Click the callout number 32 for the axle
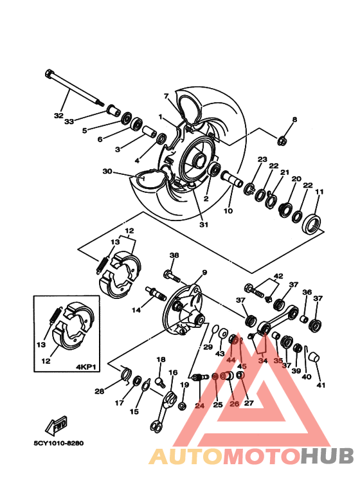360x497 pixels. (x=59, y=116)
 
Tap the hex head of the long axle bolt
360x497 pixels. (x=49, y=73)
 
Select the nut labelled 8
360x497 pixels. (x=282, y=140)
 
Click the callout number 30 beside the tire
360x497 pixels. (x=107, y=171)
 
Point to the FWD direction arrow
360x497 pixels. (x=57, y=426)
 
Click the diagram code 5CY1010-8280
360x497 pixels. (x=59, y=443)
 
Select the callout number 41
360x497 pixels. (x=321, y=385)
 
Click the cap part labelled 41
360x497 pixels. (x=314, y=357)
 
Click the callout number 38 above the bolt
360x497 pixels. (x=174, y=255)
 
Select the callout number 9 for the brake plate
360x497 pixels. (x=204, y=272)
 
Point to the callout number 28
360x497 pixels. (x=99, y=392)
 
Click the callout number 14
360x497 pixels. (x=136, y=310)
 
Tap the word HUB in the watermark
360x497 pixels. (x=327, y=456)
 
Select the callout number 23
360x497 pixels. (x=262, y=159)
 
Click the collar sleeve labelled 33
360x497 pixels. (x=113, y=111)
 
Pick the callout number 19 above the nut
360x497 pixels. (x=184, y=385)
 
